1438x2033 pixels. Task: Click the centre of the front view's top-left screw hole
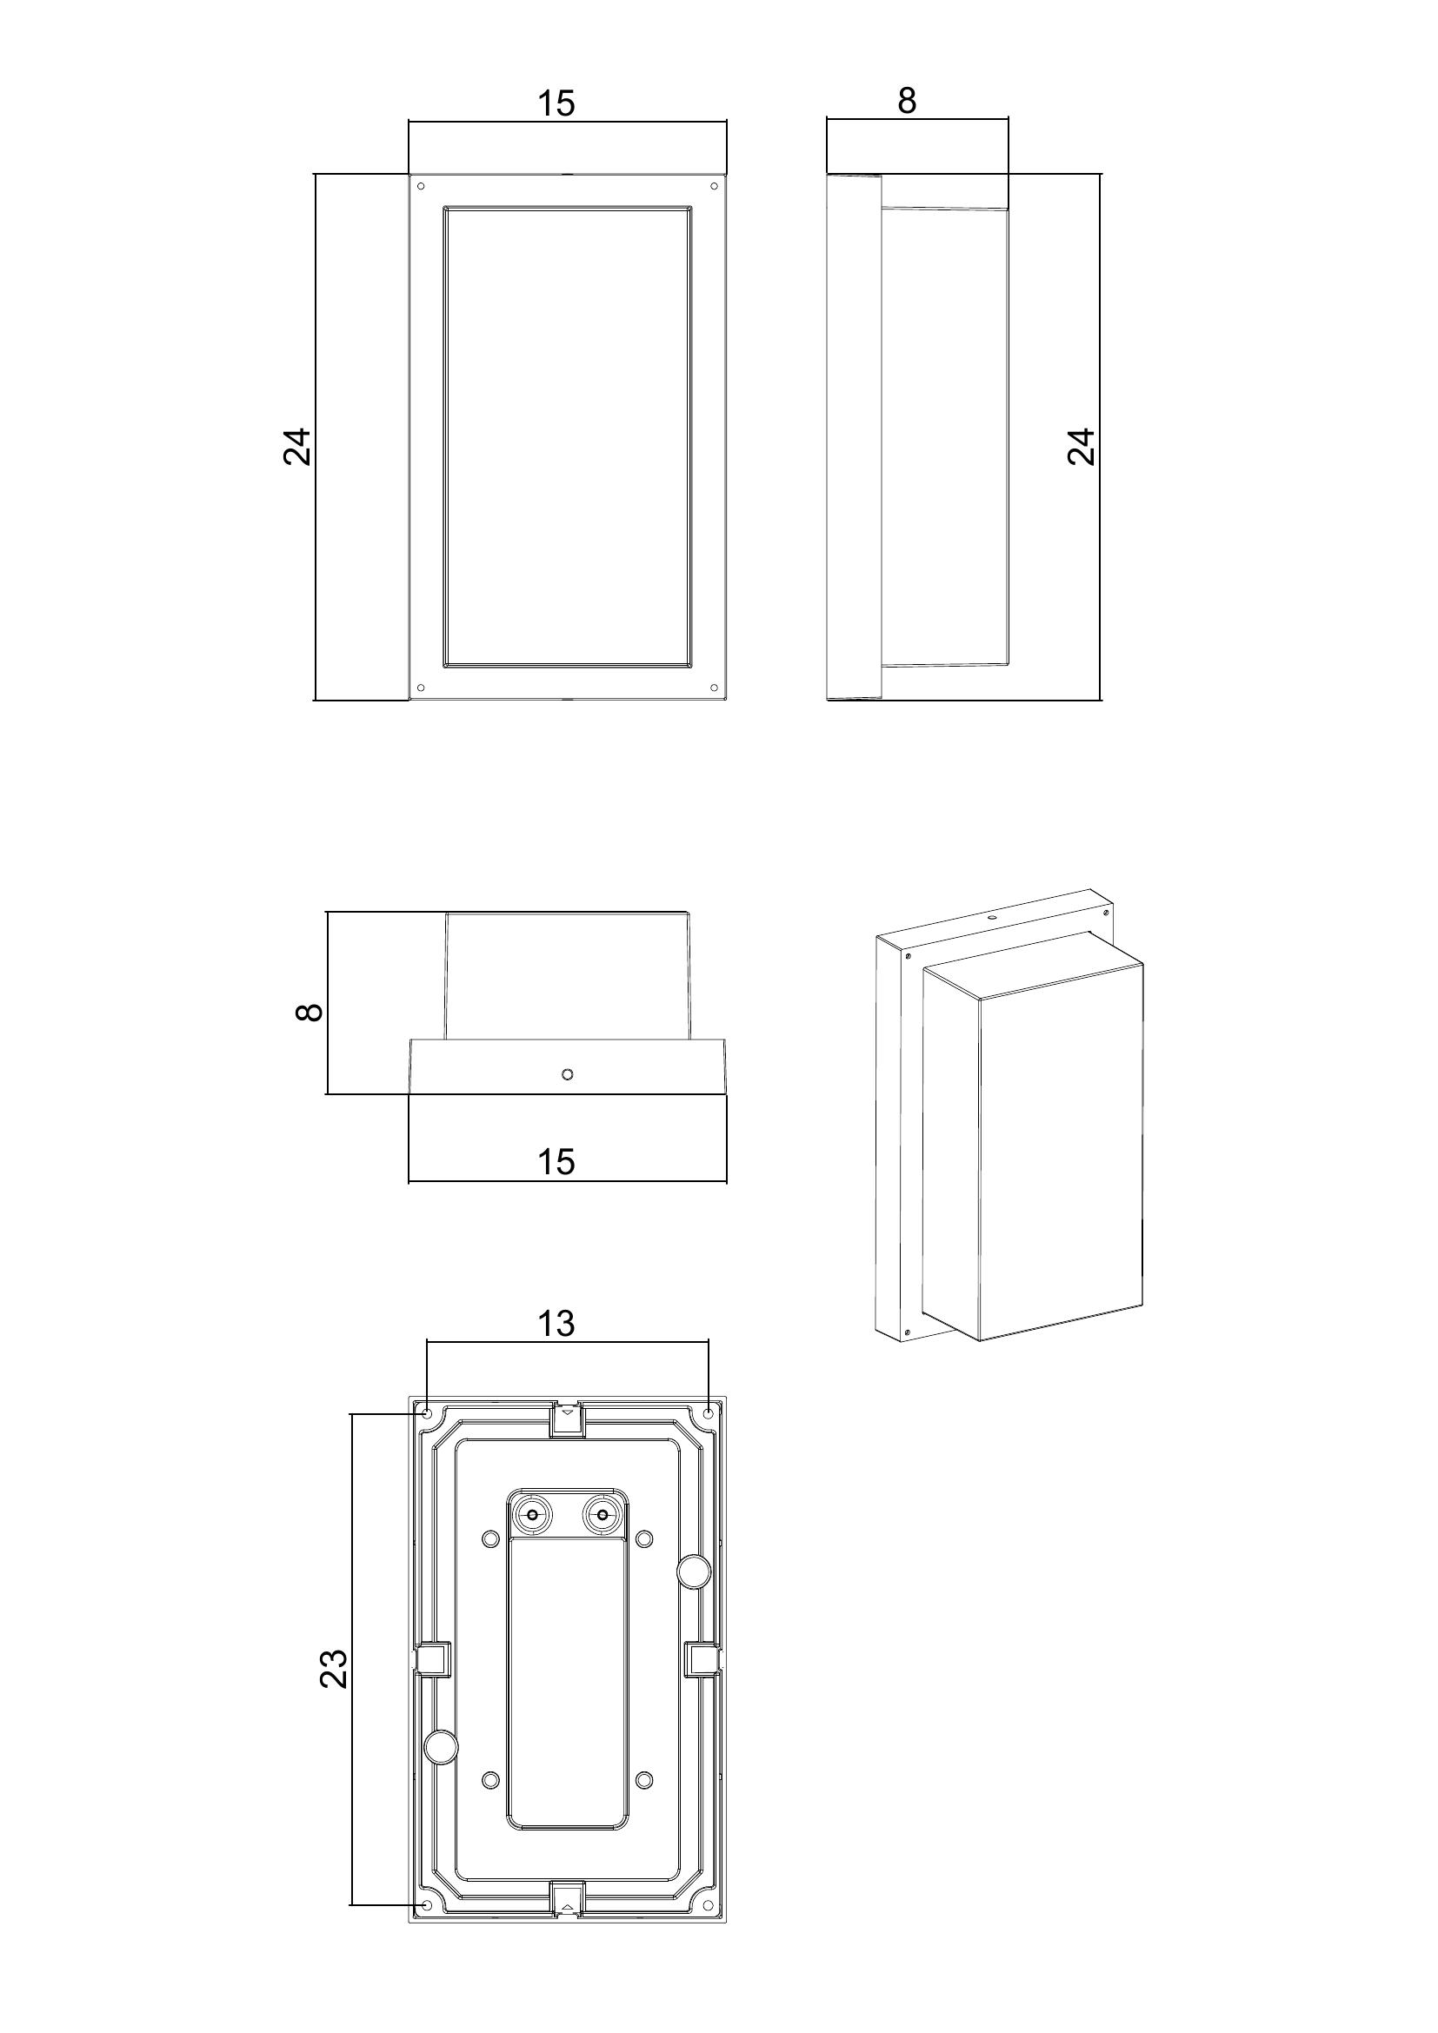[421, 186]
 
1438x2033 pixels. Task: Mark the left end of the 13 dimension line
[427, 1366]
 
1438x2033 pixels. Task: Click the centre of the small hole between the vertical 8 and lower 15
[568, 1074]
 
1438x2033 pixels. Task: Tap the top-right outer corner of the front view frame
[727, 175]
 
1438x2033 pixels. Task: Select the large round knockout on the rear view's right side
[692, 1571]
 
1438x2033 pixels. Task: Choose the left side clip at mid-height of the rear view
[433, 1658]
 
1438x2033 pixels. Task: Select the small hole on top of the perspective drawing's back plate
[993, 917]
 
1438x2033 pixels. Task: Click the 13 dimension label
[556, 1324]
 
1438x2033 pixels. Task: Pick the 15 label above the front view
[556, 103]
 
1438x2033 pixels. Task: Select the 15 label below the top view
[556, 1162]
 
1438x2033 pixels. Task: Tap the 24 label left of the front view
[297, 446]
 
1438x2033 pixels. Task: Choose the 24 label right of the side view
[1082, 446]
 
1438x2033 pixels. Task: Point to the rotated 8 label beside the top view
[309, 1011]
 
